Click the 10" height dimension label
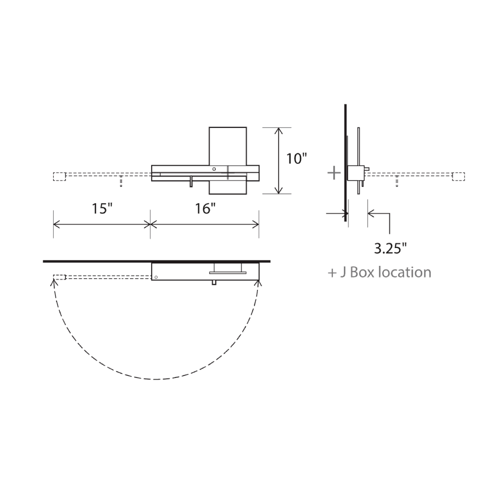(x=297, y=159)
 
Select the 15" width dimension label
(x=102, y=208)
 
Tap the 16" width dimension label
(x=205, y=208)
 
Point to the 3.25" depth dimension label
(x=390, y=248)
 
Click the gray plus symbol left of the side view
(x=334, y=173)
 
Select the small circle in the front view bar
(x=214, y=169)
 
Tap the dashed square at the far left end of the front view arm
(x=59, y=177)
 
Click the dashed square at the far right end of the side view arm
(x=459, y=177)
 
